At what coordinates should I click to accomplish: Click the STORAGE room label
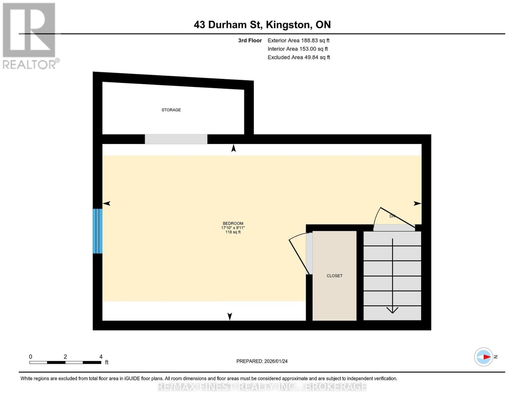click(171, 110)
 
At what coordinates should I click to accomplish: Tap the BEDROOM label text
click(233, 223)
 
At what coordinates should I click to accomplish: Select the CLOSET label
click(334, 276)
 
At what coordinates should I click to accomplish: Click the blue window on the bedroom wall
click(98, 231)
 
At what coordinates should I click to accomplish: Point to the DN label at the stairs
click(392, 216)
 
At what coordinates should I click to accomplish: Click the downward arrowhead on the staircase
click(392, 310)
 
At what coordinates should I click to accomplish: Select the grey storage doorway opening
click(176, 139)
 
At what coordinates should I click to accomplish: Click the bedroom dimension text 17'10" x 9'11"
click(233, 228)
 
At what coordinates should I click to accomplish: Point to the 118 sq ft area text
click(233, 232)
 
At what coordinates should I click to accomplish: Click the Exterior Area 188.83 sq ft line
click(298, 40)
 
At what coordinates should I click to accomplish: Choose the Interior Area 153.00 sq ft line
click(298, 49)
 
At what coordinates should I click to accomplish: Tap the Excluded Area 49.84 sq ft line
click(299, 57)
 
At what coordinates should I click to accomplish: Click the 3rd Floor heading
click(250, 40)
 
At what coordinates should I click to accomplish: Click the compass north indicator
click(484, 357)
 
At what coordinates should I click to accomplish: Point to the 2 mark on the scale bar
click(65, 357)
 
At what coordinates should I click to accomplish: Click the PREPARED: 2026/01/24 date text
click(262, 361)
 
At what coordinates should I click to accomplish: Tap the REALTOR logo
click(30, 36)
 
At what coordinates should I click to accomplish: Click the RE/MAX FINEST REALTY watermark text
click(262, 387)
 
